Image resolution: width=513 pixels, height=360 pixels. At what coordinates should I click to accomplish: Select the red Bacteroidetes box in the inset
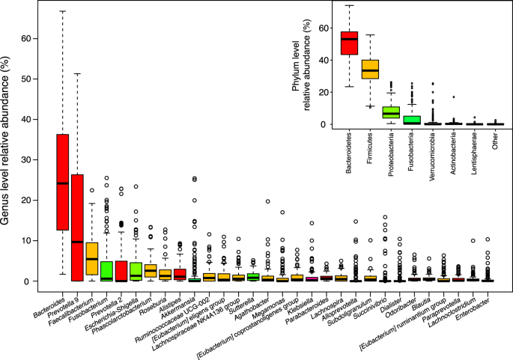(x=348, y=43)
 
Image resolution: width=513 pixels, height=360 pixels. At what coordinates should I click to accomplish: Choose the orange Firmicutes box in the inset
(x=370, y=69)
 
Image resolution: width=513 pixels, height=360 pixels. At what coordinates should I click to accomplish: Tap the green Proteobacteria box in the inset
(x=391, y=112)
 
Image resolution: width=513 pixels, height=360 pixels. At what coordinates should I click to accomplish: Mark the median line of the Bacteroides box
(x=63, y=183)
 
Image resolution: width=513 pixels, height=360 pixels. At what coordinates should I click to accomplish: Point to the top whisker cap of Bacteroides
(x=63, y=11)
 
